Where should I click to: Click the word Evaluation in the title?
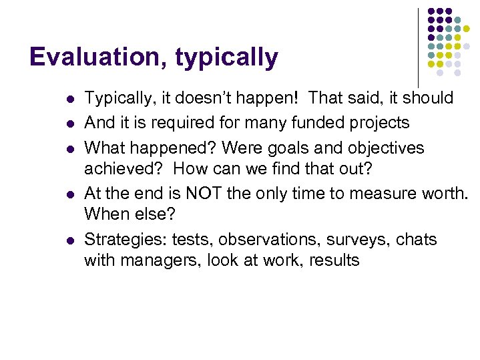97,57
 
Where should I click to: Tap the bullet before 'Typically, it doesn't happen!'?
69,99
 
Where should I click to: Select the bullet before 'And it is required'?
69,124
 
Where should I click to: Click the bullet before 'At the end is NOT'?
69,194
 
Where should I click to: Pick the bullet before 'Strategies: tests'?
69,240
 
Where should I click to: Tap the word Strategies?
125,239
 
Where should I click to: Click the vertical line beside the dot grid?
419,47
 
